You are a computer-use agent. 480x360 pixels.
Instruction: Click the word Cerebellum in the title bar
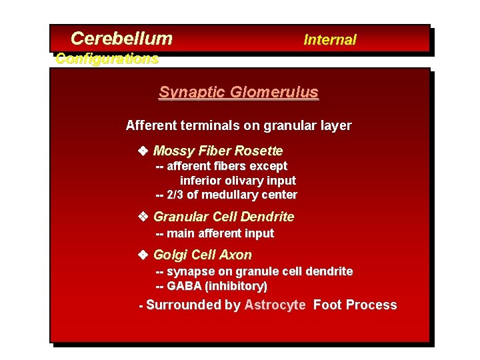pyautogui.click(x=121, y=39)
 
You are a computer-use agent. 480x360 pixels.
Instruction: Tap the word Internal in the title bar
pyautogui.click(x=329, y=40)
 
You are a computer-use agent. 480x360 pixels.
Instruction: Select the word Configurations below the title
pyautogui.click(x=107, y=59)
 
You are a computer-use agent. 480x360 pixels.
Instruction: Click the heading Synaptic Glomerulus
pyautogui.click(x=238, y=93)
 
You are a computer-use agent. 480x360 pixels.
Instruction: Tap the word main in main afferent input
pyautogui.click(x=180, y=233)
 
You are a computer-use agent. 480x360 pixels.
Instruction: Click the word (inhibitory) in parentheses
pyautogui.click(x=236, y=287)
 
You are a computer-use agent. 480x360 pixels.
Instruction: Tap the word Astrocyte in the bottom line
pyautogui.click(x=275, y=305)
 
